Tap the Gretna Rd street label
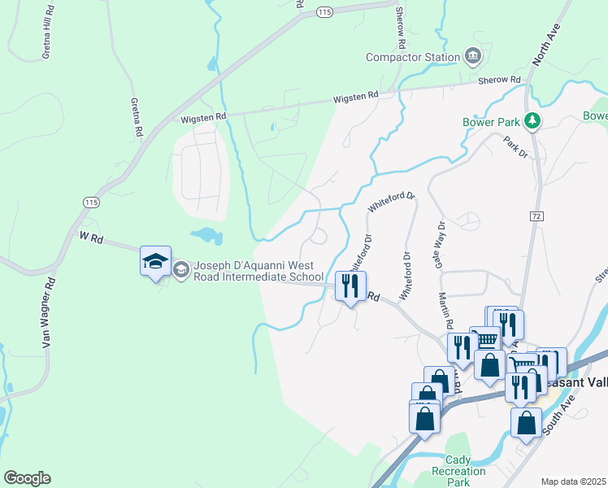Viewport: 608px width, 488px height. [137, 118]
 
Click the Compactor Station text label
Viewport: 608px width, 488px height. [413, 57]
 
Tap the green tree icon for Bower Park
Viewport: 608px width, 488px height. [533, 121]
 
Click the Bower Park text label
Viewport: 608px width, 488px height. [491, 122]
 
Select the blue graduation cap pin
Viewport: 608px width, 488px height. [155, 262]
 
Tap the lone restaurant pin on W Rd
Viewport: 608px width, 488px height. [351, 286]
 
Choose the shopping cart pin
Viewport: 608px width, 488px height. [486, 340]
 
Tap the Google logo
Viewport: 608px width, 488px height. [27, 478]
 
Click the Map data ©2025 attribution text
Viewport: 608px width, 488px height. [573, 481]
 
